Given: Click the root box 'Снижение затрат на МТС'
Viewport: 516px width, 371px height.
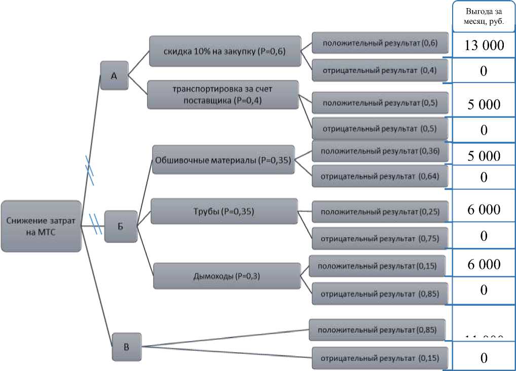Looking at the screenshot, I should click(x=41, y=226).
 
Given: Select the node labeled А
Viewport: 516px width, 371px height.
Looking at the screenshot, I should click(x=114, y=75).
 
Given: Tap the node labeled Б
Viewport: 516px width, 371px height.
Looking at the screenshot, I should click(x=121, y=226).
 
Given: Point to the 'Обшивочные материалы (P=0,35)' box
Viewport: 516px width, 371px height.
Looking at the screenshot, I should click(x=223, y=160).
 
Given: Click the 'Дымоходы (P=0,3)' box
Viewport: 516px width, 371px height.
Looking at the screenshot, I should click(x=227, y=276).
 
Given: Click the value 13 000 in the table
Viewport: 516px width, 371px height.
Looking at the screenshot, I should click(x=484, y=46).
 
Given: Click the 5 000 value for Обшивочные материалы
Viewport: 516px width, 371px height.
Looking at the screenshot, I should click(x=484, y=156).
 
